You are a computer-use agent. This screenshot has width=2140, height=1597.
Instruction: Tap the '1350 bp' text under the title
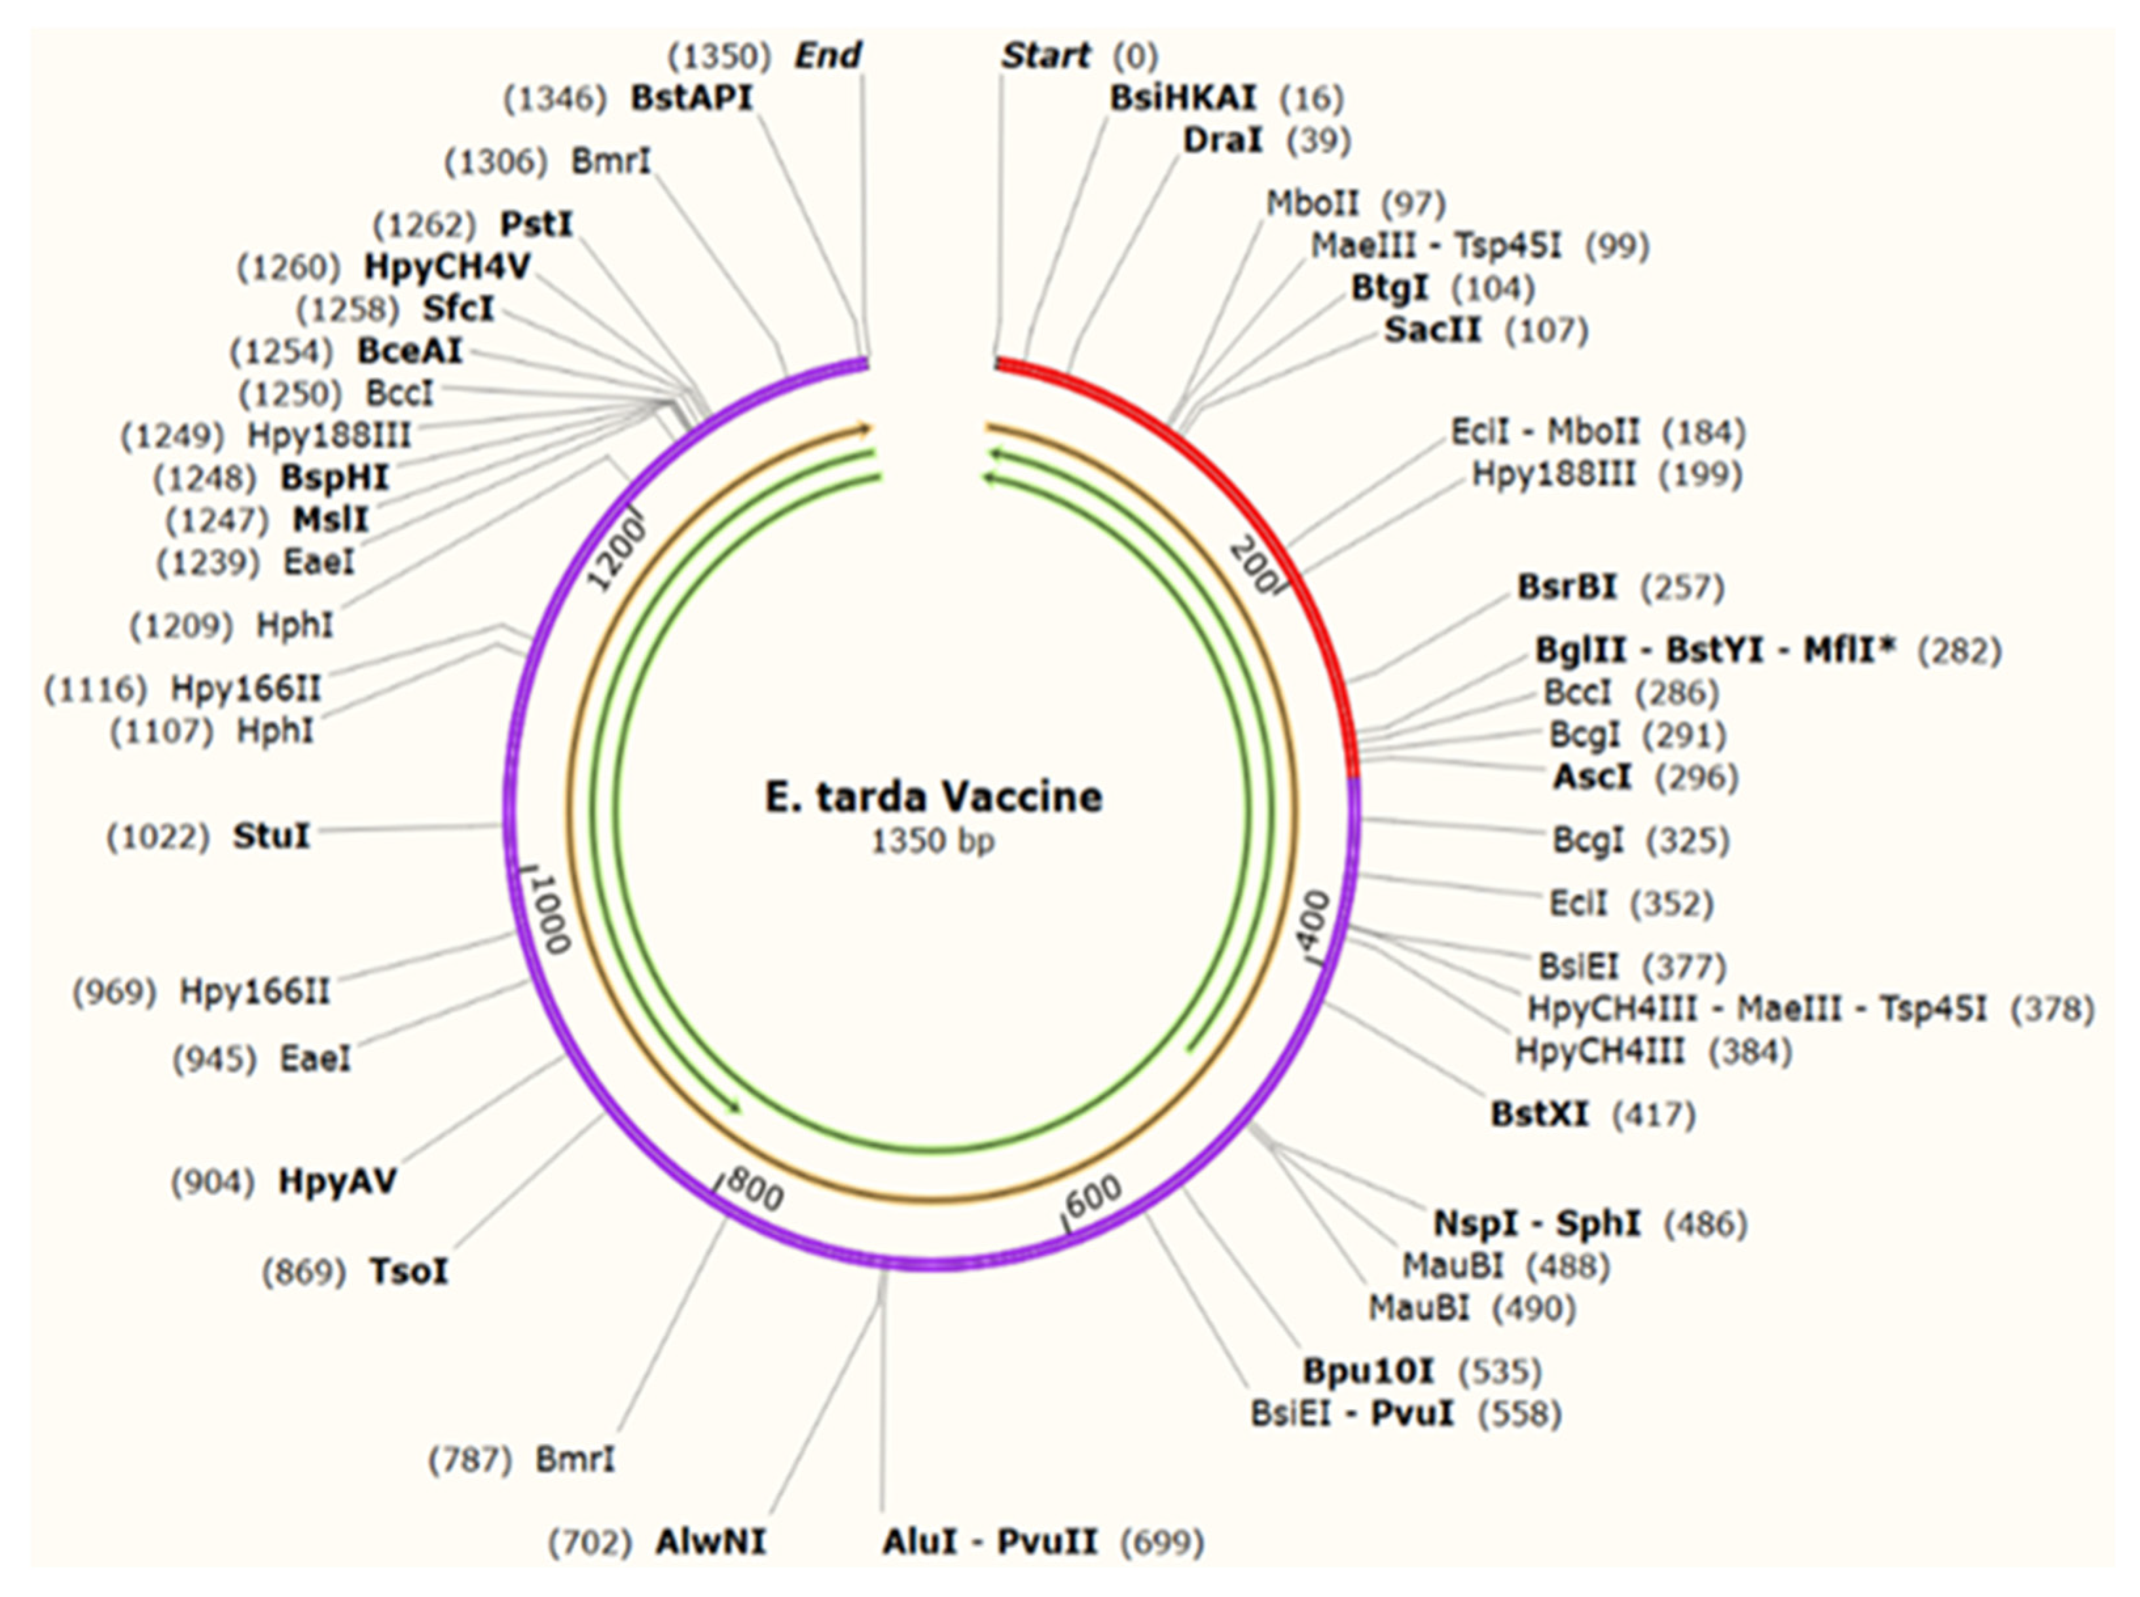pyautogui.click(x=933, y=842)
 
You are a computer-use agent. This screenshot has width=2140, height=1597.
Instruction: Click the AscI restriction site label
pyautogui.click(x=1591, y=776)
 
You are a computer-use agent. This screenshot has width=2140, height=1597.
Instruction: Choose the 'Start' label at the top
pyautogui.click(x=1046, y=56)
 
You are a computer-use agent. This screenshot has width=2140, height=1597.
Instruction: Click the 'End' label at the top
pyautogui.click(x=827, y=56)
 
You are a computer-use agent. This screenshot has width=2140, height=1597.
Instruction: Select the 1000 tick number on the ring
pyautogui.click(x=552, y=912)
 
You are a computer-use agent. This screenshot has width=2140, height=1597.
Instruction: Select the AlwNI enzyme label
pyautogui.click(x=711, y=1542)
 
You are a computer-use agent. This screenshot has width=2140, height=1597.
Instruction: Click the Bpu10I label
pyautogui.click(x=1368, y=1371)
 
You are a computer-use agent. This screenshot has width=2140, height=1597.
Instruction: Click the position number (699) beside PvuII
pyautogui.click(x=1161, y=1543)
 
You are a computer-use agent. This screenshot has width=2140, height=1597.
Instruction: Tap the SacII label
pyautogui.click(x=1432, y=331)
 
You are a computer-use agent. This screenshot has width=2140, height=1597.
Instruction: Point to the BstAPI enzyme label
pyautogui.click(x=691, y=98)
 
